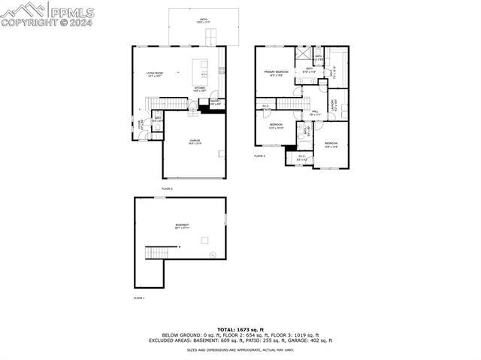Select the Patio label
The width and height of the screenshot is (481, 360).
pyautogui.click(x=204, y=20)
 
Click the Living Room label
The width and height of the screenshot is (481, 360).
pyautogui.click(x=155, y=74)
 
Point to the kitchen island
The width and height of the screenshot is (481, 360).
pyautogui.click(x=201, y=70)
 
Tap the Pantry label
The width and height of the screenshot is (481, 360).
pyautogui.click(x=214, y=102)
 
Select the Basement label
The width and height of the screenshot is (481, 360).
pyautogui.click(x=182, y=225)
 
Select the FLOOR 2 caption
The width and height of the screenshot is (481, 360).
pyautogui.click(x=167, y=188)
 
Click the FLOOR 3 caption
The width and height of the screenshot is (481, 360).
pyautogui.click(x=259, y=156)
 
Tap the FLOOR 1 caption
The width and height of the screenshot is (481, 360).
pyautogui.click(x=138, y=298)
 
